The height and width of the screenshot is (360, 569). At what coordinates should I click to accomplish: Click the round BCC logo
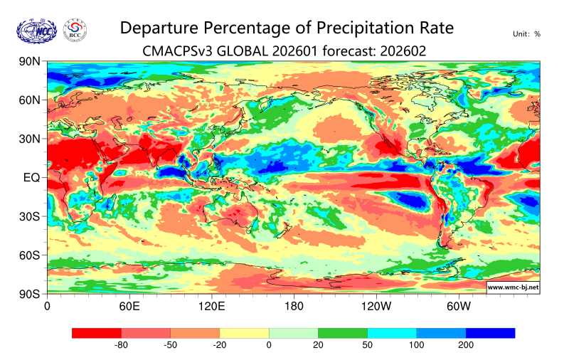click(76, 30)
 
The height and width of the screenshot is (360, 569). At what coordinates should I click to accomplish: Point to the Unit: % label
click(526, 33)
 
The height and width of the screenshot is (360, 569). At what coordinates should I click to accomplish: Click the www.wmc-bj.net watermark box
click(512, 287)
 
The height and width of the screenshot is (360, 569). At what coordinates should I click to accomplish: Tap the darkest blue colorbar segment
click(490, 332)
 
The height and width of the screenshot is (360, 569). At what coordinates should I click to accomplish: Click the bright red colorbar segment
click(97, 332)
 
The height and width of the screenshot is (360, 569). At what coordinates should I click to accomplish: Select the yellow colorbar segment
click(244, 332)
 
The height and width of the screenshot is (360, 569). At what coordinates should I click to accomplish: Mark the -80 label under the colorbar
click(121, 345)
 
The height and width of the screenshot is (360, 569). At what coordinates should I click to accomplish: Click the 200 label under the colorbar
click(465, 345)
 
